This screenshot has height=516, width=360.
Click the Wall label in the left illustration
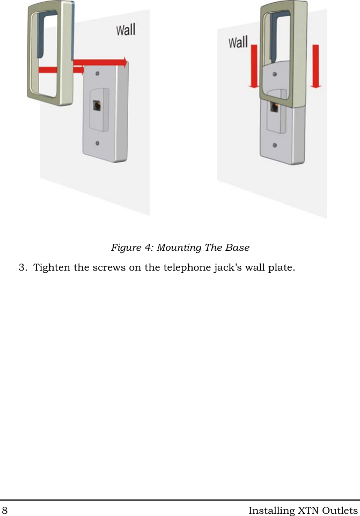coord(126,30)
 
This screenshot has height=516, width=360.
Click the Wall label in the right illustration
coord(238,42)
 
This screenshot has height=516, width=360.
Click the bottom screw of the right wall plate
coord(275,146)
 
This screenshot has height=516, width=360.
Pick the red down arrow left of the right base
coord(254,67)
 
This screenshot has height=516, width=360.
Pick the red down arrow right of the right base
coord(316,67)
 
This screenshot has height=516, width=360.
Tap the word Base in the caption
coord(237,248)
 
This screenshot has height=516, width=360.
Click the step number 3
coord(22,267)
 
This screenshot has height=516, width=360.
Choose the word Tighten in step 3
coord(52,267)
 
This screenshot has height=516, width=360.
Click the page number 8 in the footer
coord(5,510)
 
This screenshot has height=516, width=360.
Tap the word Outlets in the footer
coord(339,510)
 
